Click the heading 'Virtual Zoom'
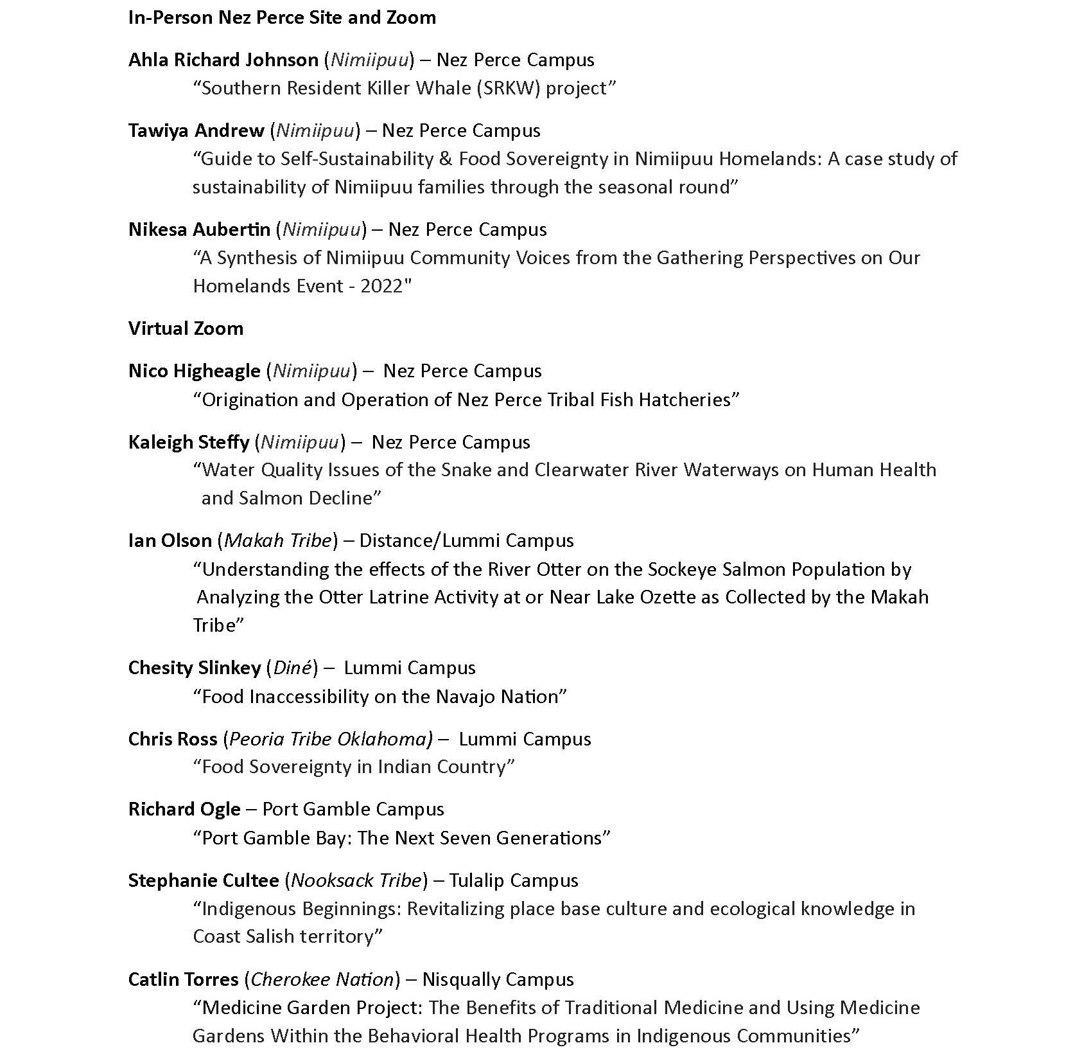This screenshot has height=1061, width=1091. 186,328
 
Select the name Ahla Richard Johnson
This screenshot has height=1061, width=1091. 223,60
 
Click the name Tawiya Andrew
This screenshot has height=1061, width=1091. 196,130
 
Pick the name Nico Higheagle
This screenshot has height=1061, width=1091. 195,371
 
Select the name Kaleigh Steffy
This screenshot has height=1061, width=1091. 189,442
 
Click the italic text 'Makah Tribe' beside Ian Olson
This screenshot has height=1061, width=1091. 277,540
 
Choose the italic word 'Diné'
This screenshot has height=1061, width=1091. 292,668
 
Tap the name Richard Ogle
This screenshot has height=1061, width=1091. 184,809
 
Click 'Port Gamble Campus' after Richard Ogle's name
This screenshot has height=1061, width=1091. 353,809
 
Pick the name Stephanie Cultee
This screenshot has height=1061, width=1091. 204,880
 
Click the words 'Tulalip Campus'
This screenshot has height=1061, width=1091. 514,880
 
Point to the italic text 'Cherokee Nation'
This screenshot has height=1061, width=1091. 322,979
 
